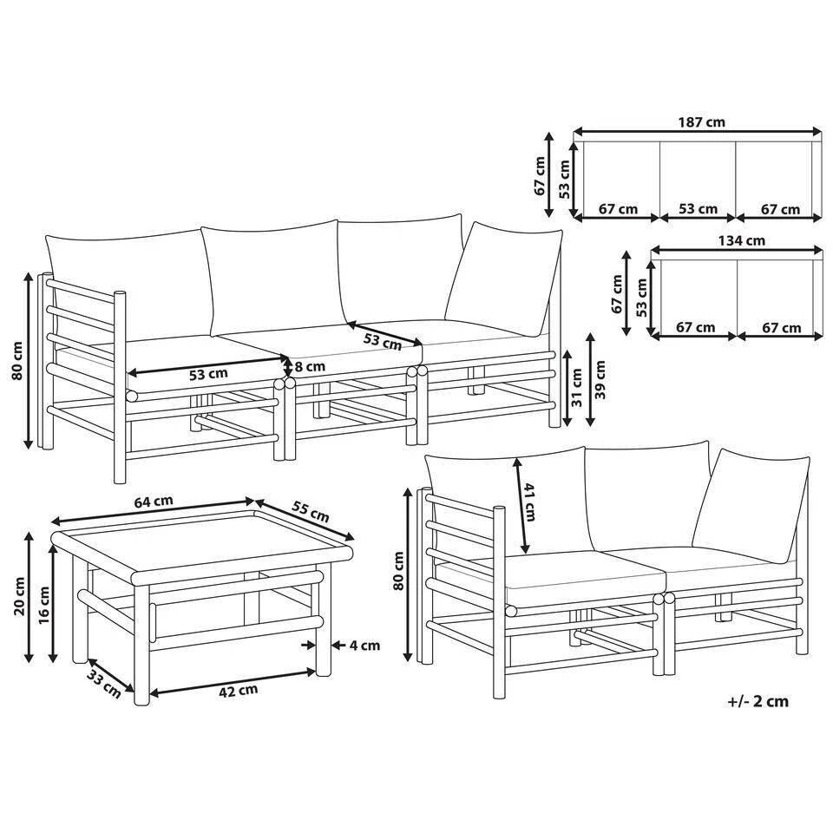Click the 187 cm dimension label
(x=701, y=122)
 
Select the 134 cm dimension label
(x=742, y=240)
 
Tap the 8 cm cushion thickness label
(x=309, y=366)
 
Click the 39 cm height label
(x=600, y=380)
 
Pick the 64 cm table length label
(x=153, y=502)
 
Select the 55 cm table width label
(x=311, y=512)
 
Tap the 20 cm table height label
(x=20, y=596)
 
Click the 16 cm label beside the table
(x=44, y=605)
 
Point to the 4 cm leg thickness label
(x=364, y=646)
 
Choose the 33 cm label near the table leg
(x=104, y=685)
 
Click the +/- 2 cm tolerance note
(x=758, y=701)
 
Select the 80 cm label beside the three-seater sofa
(x=18, y=360)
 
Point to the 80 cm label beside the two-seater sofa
(x=399, y=571)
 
